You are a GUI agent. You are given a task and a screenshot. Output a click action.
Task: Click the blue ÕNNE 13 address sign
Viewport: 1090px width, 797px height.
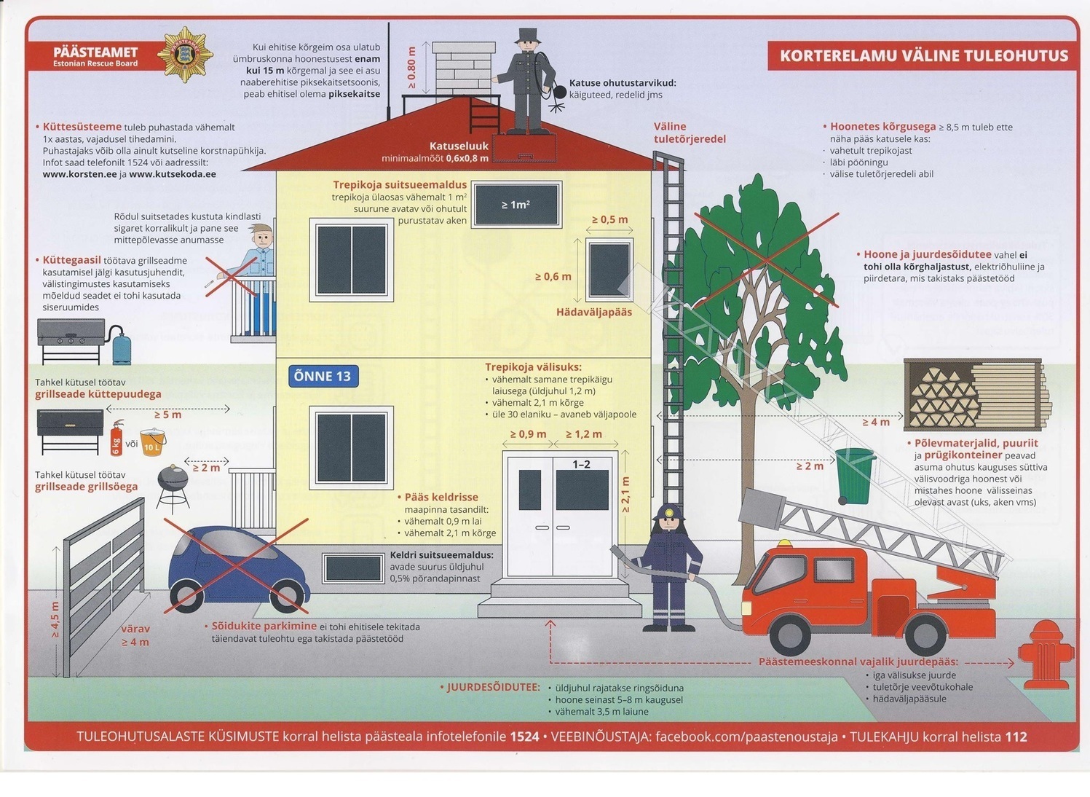(x=323, y=376)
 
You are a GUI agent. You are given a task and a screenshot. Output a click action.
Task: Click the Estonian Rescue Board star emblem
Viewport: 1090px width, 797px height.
(x=185, y=55)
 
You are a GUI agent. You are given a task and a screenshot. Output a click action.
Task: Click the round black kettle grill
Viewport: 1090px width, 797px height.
(x=173, y=483)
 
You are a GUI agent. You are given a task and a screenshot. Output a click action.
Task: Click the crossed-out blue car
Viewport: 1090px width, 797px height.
(x=233, y=568)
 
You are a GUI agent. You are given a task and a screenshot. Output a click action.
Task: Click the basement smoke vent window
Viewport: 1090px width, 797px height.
(x=353, y=568)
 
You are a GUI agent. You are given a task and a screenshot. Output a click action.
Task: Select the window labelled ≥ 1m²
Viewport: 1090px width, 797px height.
(x=516, y=205)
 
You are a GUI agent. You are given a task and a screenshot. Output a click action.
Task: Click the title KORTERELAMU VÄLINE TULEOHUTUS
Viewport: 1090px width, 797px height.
(x=923, y=56)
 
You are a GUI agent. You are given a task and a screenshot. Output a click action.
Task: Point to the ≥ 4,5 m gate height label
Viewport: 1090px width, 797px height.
(x=55, y=620)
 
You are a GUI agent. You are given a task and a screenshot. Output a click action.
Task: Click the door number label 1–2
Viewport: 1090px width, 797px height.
(x=581, y=464)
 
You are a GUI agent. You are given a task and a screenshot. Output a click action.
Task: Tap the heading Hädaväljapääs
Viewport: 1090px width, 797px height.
(x=593, y=312)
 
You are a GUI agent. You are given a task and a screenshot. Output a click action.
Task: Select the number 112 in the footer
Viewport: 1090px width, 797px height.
(x=1016, y=737)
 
